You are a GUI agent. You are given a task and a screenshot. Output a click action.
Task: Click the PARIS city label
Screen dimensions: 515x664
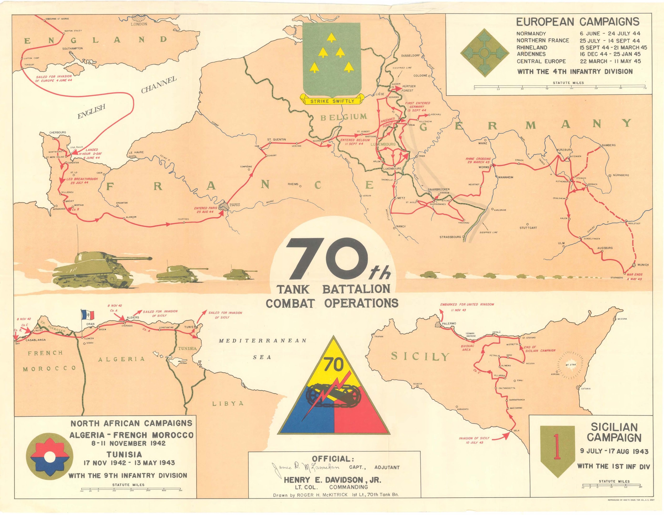(234, 205)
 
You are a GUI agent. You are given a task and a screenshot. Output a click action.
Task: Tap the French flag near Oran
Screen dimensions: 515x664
(88, 315)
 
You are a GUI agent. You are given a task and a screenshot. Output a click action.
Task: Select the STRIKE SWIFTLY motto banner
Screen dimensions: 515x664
(332, 101)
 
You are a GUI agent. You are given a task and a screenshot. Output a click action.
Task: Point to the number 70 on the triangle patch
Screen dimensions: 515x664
(334, 365)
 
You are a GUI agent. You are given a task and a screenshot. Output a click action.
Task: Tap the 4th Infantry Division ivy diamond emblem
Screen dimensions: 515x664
(484, 53)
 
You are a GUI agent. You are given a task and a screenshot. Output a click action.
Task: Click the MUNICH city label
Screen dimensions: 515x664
(643, 265)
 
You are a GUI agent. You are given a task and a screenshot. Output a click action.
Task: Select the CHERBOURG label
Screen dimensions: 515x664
(57, 133)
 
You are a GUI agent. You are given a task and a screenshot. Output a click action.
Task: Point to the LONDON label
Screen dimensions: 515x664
(139, 24)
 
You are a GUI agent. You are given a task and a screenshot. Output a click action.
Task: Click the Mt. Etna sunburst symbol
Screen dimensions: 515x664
(570, 365)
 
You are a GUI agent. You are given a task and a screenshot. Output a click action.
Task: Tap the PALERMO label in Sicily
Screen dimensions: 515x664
(449, 324)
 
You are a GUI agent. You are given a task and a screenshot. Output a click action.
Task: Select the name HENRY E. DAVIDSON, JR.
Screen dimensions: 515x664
(332, 480)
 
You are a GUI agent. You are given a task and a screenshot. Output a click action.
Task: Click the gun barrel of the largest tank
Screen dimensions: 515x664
(134, 259)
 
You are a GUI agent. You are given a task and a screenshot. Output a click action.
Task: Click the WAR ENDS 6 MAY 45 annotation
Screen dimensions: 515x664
(634, 277)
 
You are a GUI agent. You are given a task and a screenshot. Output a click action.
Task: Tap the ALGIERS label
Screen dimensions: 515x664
(133, 317)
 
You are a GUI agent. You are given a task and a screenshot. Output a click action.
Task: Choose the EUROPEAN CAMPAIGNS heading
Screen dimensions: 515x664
(578, 22)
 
